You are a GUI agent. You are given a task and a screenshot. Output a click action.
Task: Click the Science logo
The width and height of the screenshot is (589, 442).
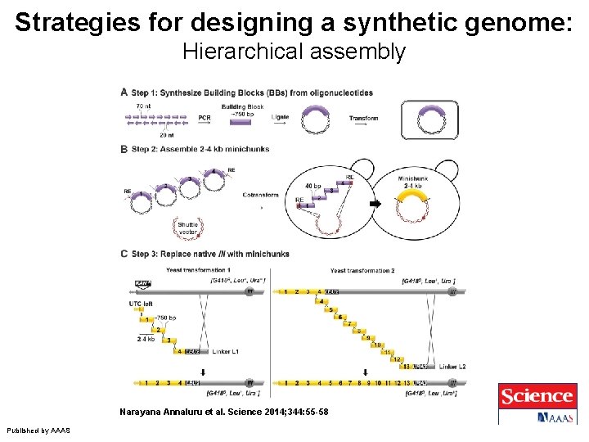click(x=537, y=396)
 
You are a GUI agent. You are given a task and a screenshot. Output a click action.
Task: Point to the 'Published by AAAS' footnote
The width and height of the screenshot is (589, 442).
click(x=38, y=431)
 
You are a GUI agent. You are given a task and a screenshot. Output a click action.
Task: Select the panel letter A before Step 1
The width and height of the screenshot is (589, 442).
click(x=124, y=92)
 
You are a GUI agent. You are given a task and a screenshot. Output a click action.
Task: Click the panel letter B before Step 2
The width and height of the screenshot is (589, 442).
click(x=124, y=149)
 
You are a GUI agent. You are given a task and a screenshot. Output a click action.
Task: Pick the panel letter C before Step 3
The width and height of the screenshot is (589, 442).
click(x=124, y=254)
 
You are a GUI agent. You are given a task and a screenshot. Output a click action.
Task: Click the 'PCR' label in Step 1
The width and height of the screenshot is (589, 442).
click(x=205, y=118)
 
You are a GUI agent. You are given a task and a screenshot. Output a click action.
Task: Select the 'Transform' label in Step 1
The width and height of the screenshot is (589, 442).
click(x=363, y=118)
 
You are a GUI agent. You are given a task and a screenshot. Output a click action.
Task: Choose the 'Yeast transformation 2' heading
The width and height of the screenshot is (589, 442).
click(x=362, y=270)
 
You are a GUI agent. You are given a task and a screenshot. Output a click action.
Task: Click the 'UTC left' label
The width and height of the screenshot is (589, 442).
click(x=141, y=303)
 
